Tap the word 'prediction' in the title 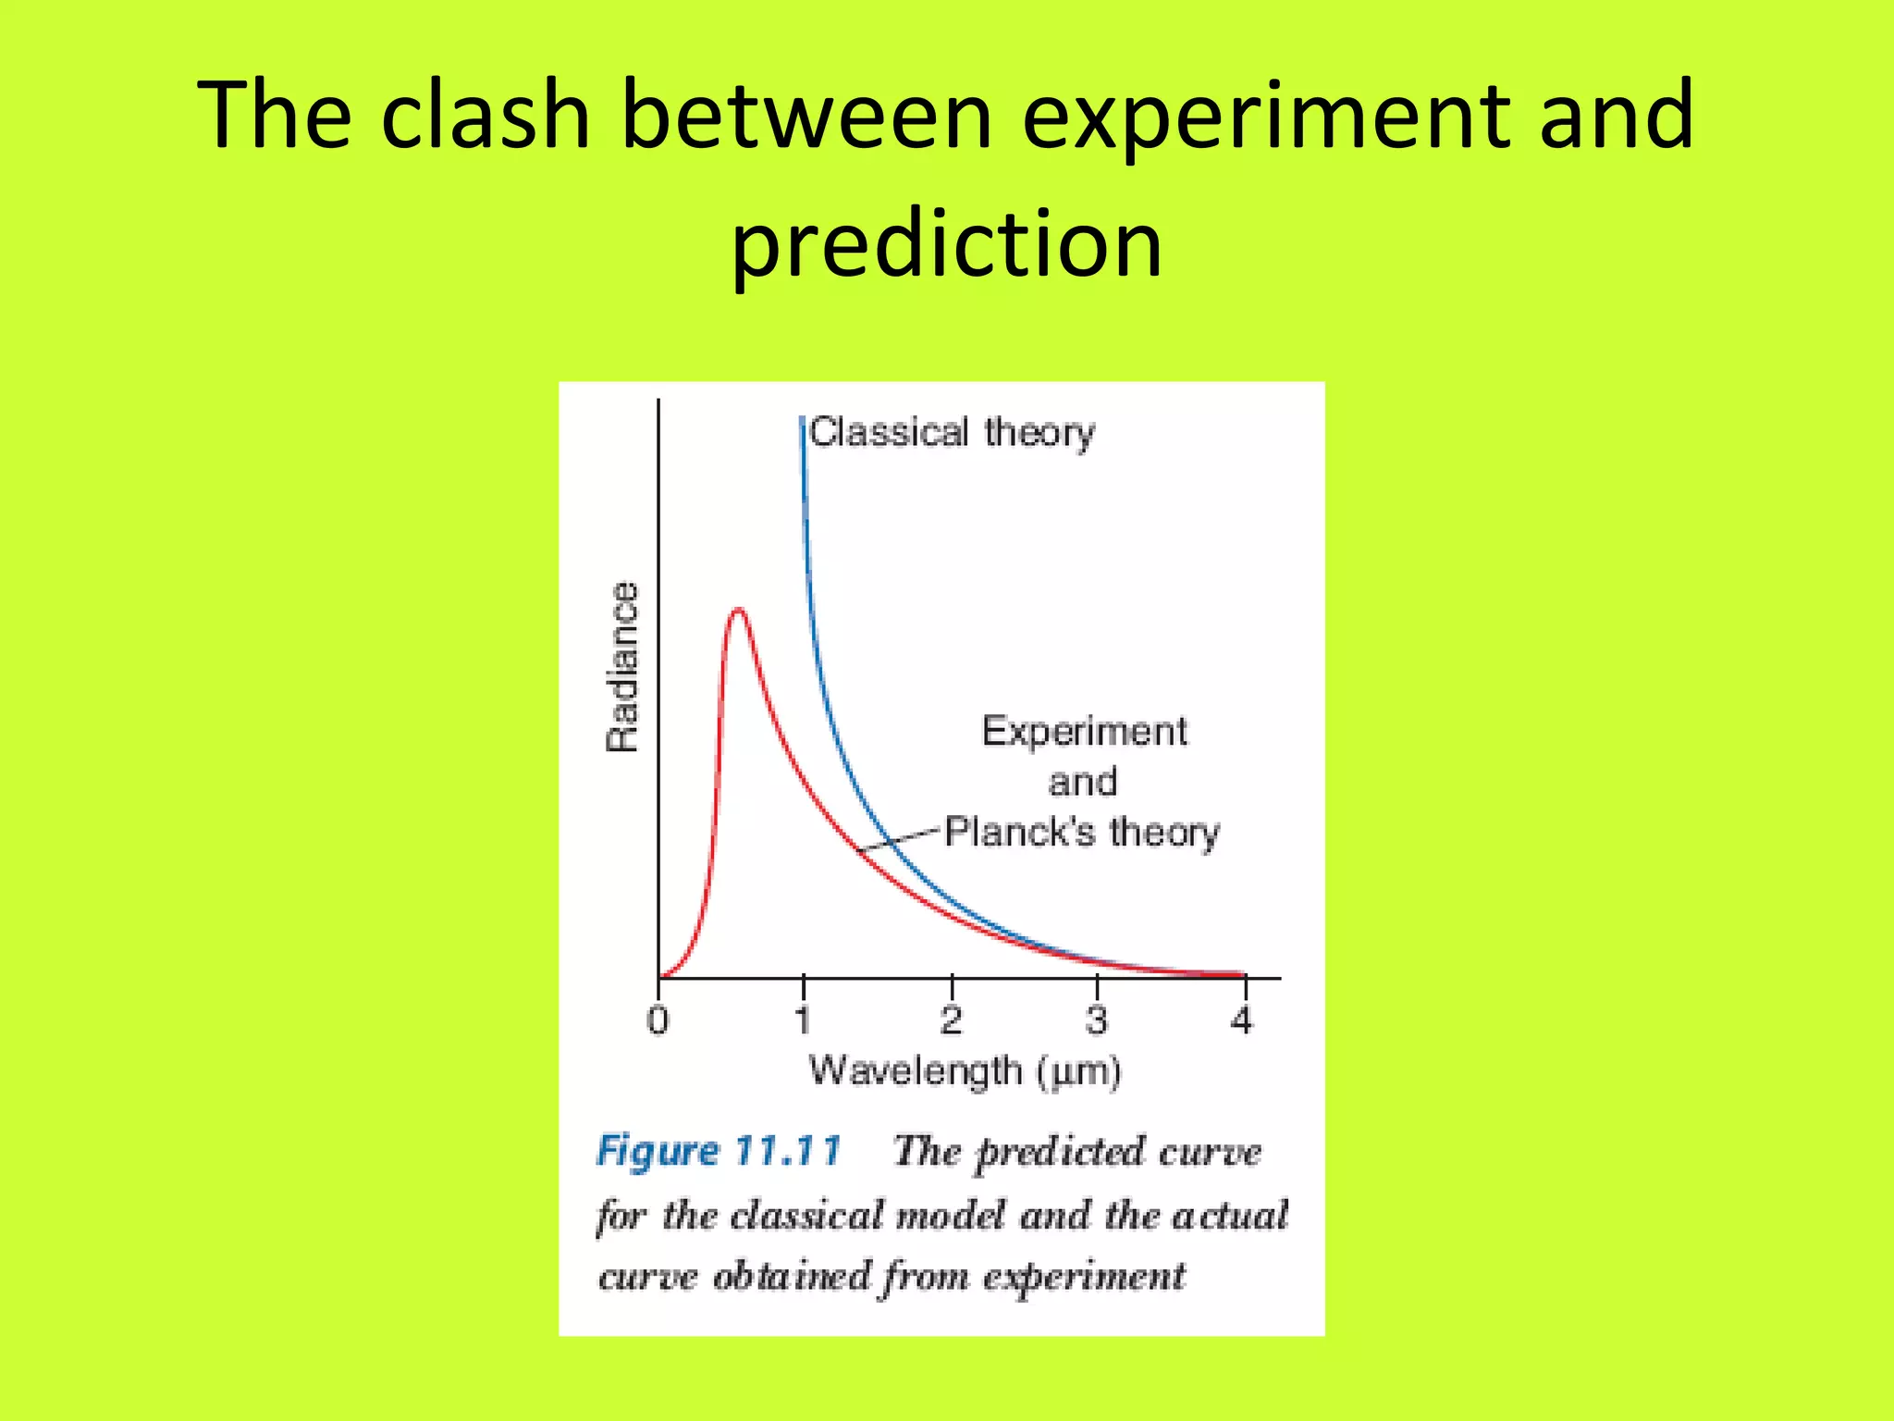[x=946, y=243]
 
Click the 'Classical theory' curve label [x=952, y=432]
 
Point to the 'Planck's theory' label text [x=1082, y=832]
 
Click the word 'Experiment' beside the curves [x=1084, y=732]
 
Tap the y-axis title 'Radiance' [x=622, y=666]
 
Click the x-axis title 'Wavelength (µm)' [x=965, y=1071]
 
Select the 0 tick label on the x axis [x=658, y=1020]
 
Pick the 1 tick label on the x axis [x=803, y=1020]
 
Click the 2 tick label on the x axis [x=951, y=1020]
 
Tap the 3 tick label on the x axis [x=1097, y=1020]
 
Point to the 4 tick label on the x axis [x=1242, y=1020]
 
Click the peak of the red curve [x=737, y=610]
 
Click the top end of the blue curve [x=802, y=421]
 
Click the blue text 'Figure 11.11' [x=719, y=1151]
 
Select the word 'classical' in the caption [x=806, y=1215]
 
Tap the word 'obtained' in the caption [x=793, y=1277]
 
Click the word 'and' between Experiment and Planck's [x=1082, y=783]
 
